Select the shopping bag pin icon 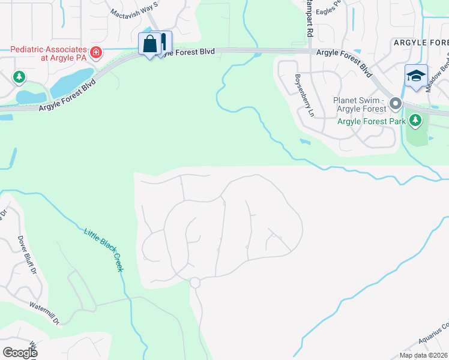[149, 43]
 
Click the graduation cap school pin [416, 76]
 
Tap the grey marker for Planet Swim [395, 104]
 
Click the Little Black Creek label [104, 250]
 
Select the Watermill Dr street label [46, 313]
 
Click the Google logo [20, 353]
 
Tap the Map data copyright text [424, 355]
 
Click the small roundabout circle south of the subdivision [194, 283]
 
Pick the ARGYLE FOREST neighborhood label [420, 43]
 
